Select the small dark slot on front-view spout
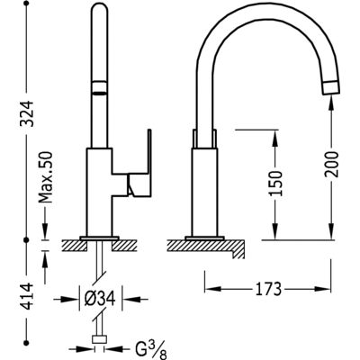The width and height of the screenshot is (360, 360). click(x=97, y=91)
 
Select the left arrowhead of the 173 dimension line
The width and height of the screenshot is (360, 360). click(x=210, y=289)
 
